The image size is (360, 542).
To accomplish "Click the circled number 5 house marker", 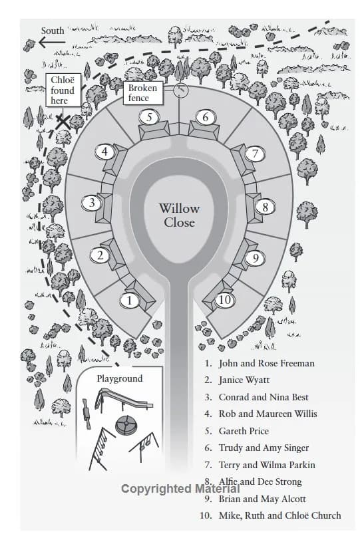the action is [x=150, y=117].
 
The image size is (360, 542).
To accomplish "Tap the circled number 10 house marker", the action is [x=225, y=299].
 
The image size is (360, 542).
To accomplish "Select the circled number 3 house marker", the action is [x=92, y=203].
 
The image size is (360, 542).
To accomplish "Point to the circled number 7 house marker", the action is [x=256, y=154].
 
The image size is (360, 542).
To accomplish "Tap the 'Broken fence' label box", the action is [x=143, y=93].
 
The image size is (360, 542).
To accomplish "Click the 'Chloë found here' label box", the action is [x=63, y=90].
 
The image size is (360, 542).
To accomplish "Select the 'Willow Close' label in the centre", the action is [x=179, y=215].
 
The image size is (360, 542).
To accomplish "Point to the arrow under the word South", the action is [x=52, y=43].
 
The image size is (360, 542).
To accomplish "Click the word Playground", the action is [x=120, y=378].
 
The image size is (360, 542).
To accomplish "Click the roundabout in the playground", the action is [x=126, y=424].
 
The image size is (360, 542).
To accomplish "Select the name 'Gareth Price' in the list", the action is [x=244, y=431].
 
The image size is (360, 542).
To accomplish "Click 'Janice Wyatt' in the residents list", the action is [x=244, y=380].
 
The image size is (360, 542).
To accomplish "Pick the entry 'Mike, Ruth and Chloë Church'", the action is [x=279, y=515].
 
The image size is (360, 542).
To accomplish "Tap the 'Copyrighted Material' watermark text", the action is [x=180, y=489].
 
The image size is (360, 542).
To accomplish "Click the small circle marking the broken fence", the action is [x=180, y=90].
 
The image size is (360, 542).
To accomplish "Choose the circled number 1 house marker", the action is [x=129, y=301].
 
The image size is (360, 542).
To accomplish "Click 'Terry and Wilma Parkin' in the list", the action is [x=267, y=465].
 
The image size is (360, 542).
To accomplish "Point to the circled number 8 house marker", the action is [x=266, y=207].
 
